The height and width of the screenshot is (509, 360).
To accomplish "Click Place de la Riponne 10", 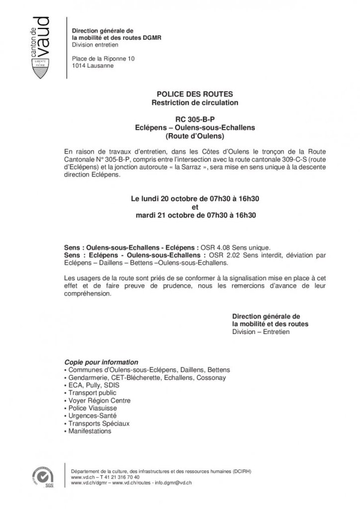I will pos(103,58).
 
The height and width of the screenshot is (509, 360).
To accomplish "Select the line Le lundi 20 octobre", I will pos(194,199).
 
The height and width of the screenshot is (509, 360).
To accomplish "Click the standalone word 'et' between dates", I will pos(194,207).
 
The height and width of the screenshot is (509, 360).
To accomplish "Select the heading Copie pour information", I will pos(101,362).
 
